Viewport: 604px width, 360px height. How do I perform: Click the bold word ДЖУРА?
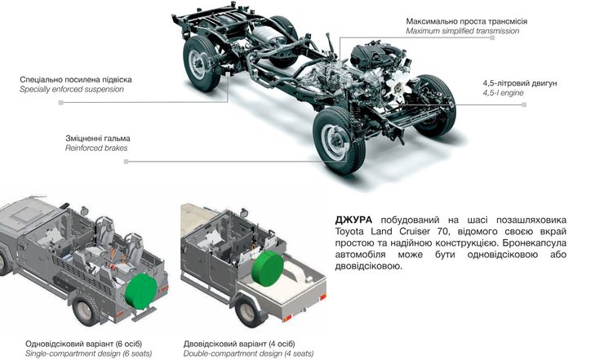(353, 220)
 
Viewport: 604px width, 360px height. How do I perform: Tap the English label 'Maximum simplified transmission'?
(462, 31)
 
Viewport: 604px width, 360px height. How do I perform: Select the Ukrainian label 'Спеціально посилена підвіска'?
(76, 80)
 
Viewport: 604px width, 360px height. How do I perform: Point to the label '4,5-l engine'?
(503, 93)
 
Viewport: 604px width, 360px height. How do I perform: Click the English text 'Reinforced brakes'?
(96, 148)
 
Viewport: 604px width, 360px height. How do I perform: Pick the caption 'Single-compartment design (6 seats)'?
(89, 353)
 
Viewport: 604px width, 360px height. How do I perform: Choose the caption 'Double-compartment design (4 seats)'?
(248, 353)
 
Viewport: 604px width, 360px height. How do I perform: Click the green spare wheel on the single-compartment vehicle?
(140, 291)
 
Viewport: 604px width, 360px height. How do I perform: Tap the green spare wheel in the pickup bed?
(268, 269)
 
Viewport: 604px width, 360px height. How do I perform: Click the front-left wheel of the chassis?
(339, 140)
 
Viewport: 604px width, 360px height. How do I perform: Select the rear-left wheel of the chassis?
(202, 63)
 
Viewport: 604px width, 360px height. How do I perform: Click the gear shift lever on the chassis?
(330, 43)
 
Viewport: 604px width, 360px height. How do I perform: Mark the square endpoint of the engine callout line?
(524, 104)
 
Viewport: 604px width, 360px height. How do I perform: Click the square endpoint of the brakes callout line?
(126, 162)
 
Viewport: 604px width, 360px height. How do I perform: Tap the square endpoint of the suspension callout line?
(60, 103)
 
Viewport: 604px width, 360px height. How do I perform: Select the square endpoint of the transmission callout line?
(492, 38)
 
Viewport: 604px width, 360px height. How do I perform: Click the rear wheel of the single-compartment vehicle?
(87, 309)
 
